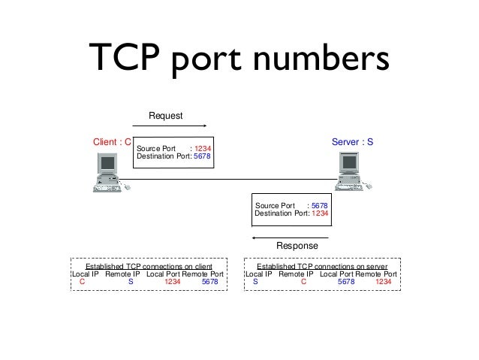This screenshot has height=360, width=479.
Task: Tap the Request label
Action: pos(166,115)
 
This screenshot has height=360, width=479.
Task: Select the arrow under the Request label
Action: pos(177,126)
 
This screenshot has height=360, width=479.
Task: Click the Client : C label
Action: pos(112,141)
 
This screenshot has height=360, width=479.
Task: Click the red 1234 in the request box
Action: pos(203,149)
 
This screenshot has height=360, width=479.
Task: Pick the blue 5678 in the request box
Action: pos(203,157)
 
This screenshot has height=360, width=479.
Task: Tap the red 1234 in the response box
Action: pos(319,213)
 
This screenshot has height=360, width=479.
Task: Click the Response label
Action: pos(297,246)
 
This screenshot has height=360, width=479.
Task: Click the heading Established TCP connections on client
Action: pos(149,267)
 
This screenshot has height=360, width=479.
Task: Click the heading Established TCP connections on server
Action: pos(322,267)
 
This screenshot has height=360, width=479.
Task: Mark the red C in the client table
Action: pos(82,283)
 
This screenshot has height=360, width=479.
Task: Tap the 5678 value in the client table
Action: pos(211,283)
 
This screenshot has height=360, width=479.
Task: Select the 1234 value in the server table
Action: pos(383,283)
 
